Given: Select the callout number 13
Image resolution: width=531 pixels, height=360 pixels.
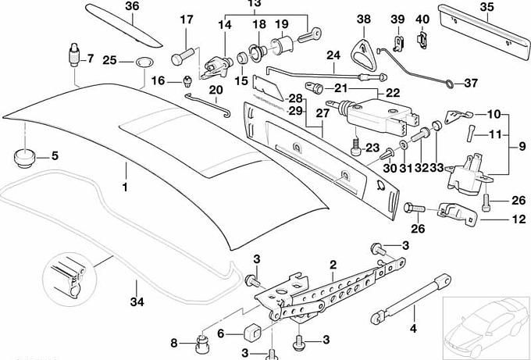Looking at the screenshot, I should coord(254,3).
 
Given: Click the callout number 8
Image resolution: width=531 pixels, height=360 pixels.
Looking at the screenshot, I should coord(174,342).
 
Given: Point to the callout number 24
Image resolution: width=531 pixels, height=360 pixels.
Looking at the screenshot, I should coord(334,56).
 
